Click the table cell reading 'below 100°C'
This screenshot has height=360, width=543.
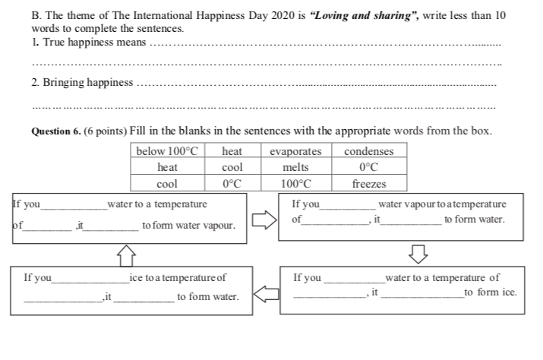click(x=166, y=151)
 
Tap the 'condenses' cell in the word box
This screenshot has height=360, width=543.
click(x=369, y=151)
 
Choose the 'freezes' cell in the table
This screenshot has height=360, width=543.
click(x=369, y=183)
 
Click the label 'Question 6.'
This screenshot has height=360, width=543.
click(x=55, y=131)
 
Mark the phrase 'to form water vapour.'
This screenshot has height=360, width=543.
click(x=188, y=226)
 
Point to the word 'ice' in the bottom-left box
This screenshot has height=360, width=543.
click(x=137, y=278)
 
